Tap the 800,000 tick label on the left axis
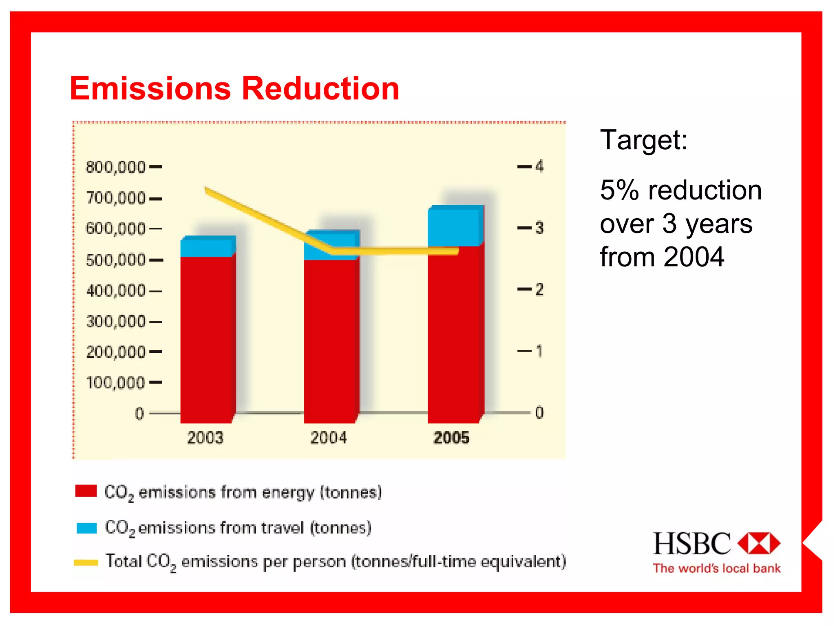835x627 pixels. [x=115, y=167]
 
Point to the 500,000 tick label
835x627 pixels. [x=115, y=260]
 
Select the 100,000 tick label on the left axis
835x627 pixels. [x=115, y=383]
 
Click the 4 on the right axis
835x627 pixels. [x=539, y=166]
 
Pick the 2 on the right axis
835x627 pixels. [x=539, y=290]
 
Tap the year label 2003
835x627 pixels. [x=205, y=438]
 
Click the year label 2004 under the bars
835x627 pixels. [x=329, y=438]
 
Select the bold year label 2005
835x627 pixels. [x=451, y=438]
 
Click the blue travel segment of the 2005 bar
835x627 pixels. [x=455, y=226]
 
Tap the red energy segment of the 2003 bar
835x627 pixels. [x=207, y=339]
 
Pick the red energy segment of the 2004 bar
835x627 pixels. [x=330, y=341]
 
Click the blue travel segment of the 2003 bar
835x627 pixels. [x=207, y=248]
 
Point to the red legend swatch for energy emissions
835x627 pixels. [x=86, y=491]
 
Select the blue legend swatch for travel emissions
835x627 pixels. [x=86, y=528]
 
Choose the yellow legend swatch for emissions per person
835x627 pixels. [x=86, y=563]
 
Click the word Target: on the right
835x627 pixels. [x=644, y=140]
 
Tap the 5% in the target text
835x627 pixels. [x=619, y=190]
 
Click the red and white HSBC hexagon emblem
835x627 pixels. [x=759, y=543]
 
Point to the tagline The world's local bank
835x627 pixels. [x=716, y=568]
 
